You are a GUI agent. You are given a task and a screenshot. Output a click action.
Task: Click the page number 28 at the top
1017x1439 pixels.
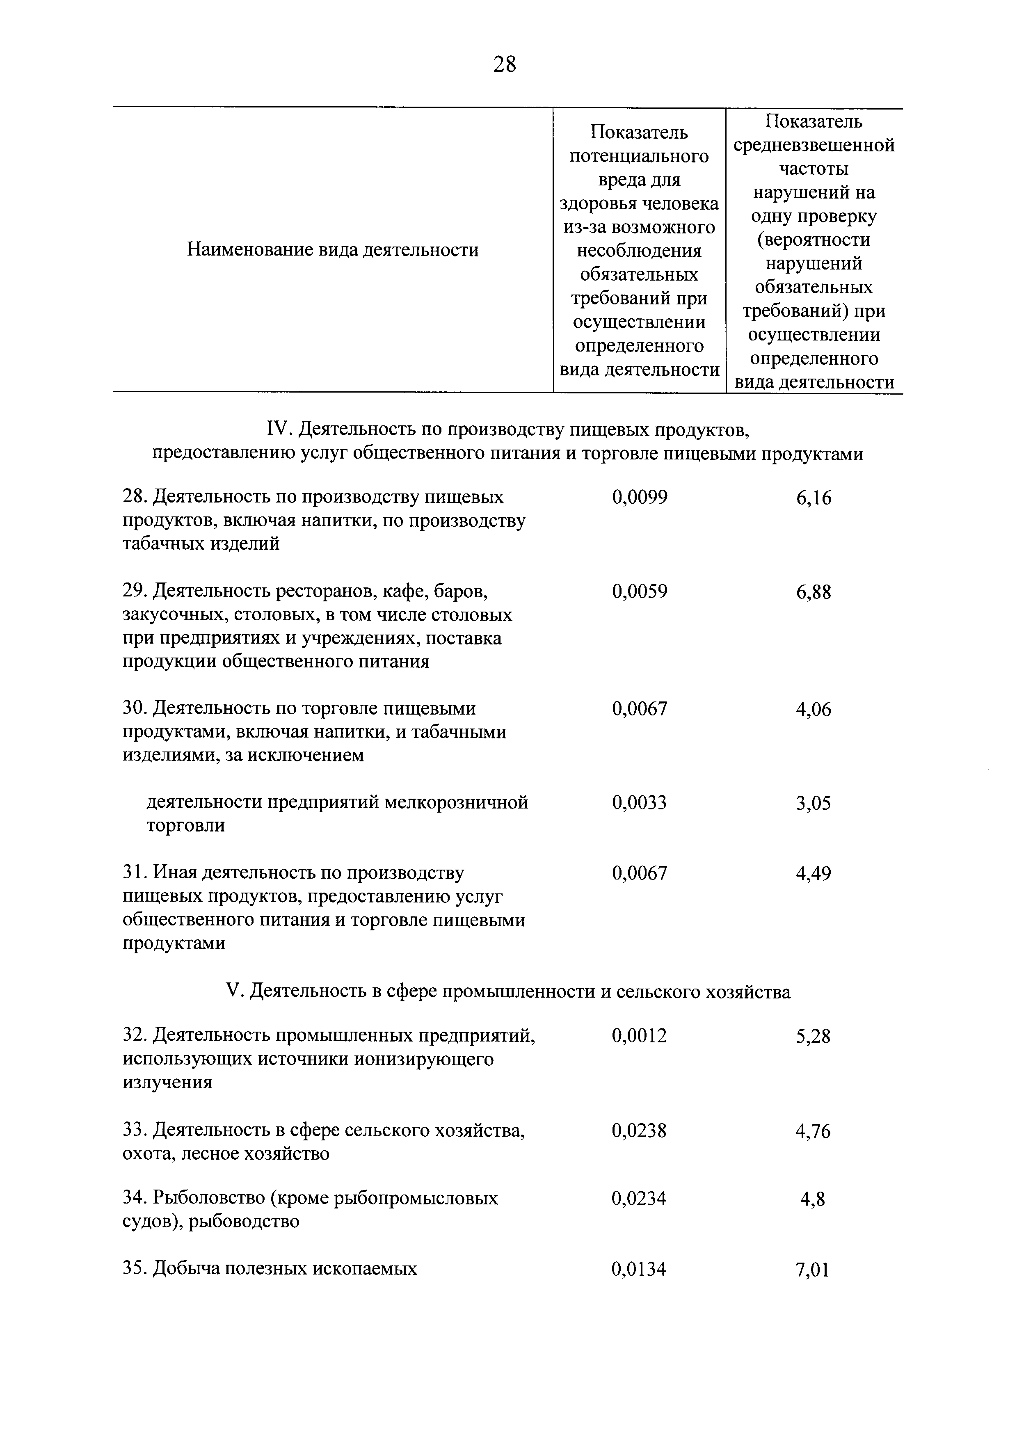pyautogui.click(x=505, y=64)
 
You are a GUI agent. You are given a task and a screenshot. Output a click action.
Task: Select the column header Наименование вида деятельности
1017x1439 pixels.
pyautogui.click(x=333, y=250)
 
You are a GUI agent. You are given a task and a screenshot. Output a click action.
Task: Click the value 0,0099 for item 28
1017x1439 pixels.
pyautogui.click(x=639, y=497)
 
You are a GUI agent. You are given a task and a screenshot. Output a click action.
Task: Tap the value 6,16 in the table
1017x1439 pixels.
pyautogui.click(x=814, y=498)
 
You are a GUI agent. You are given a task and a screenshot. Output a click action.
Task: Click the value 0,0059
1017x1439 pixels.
pyautogui.click(x=639, y=591)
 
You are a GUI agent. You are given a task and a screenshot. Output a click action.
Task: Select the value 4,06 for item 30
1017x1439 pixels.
pyautogui.click(x=814, y=710)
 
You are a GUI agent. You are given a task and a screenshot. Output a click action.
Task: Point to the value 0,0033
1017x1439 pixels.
pyautogui.click(x=639, y=802)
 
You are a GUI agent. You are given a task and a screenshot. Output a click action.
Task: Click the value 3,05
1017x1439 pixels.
pyautogui.click(x=814, y=804)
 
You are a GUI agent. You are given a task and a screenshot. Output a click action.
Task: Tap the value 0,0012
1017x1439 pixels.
pyautogui.click(x=639, y=1036)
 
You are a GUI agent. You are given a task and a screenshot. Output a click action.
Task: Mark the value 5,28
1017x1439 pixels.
pyautogui.click(x=814, y=1037)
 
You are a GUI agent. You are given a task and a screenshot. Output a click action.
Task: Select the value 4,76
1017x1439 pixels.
pyautogui.click(x=814, y=1131)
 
